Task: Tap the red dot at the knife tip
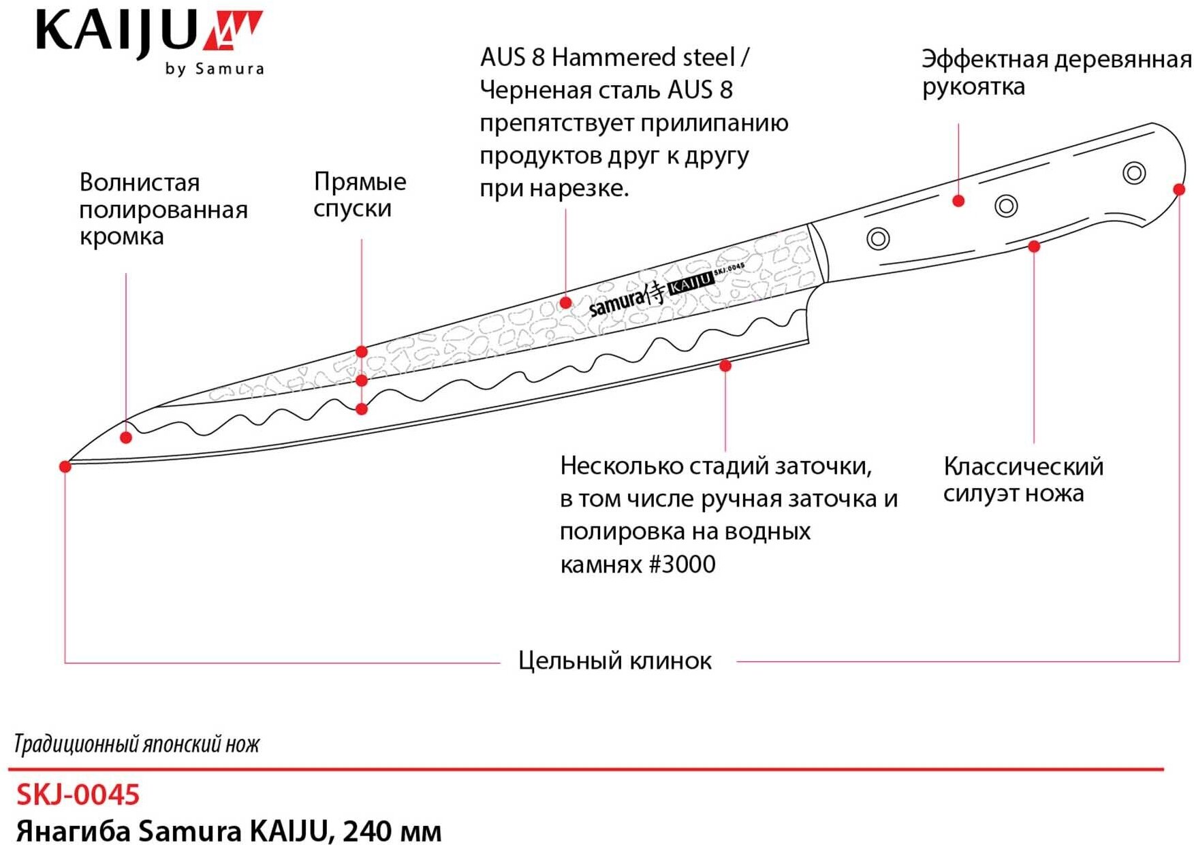click(65, 466)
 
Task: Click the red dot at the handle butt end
click(1179, 189)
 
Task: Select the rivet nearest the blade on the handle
click(878, 238)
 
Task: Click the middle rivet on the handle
click(1006, 206)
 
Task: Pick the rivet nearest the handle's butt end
click(1134, 173)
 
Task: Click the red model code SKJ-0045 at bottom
click(78, 795)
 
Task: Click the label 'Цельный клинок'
click(615, 660)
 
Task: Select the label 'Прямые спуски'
click(360, 195)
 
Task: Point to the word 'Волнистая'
click(140, 182)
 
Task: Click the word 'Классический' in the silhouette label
click(1023, 466)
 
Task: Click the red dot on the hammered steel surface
click(566, 302)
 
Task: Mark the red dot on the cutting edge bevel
click(725, 366)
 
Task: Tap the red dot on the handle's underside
click(1034, 246)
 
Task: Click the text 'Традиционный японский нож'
click(136, 744)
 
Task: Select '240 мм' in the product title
click(392, 831)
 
